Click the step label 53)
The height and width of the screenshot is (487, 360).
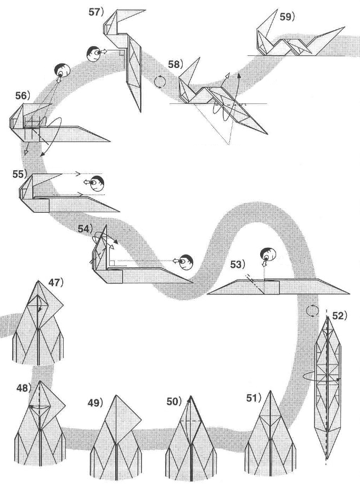click(237, 264)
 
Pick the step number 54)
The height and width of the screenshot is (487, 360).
click(85, 229)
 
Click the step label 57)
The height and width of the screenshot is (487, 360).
click(96, 11)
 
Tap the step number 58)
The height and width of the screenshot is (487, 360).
click(175, 65)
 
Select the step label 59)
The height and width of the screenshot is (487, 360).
click(287, 16)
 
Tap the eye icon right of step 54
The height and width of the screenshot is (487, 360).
click(186, 261)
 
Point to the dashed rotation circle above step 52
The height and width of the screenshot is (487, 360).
click(313, 310)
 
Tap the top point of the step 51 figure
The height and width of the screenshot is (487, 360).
click(271, 391)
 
